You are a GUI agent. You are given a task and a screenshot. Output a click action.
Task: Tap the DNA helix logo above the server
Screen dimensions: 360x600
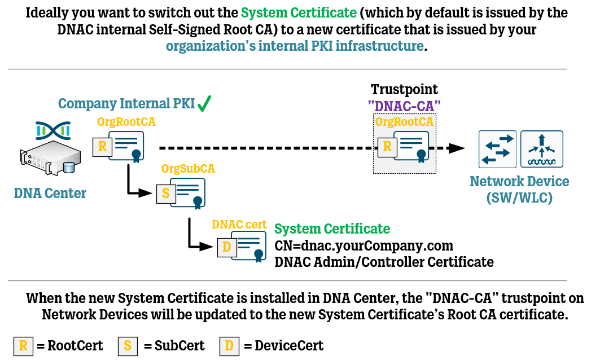52,131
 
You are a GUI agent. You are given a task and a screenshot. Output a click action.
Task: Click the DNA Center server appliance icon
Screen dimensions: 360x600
49,160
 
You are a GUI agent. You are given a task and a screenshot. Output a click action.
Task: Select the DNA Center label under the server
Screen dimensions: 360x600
50,194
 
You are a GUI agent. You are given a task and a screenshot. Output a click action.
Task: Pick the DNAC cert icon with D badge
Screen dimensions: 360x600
242,247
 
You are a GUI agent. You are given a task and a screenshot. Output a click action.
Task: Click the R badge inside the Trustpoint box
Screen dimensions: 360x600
387,147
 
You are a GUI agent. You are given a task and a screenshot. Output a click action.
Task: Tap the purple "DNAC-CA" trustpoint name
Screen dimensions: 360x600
404,105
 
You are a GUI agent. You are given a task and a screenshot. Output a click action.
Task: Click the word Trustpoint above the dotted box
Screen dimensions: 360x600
404,90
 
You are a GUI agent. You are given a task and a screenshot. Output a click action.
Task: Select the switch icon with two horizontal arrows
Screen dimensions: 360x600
497,149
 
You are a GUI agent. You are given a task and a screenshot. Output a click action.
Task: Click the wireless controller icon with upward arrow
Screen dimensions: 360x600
542,149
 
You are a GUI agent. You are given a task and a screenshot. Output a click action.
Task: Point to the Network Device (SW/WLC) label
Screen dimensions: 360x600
519,190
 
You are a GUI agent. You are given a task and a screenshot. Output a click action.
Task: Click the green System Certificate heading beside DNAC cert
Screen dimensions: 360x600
332,229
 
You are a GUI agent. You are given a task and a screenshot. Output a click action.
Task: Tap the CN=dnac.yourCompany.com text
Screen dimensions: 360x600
364,246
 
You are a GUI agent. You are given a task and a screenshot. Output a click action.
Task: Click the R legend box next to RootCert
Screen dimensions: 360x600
23,345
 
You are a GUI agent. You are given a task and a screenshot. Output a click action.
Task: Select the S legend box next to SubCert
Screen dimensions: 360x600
128,345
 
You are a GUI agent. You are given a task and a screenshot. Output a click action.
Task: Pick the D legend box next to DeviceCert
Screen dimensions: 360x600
228,345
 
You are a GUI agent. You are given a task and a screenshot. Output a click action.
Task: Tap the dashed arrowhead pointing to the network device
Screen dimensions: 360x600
457,148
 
